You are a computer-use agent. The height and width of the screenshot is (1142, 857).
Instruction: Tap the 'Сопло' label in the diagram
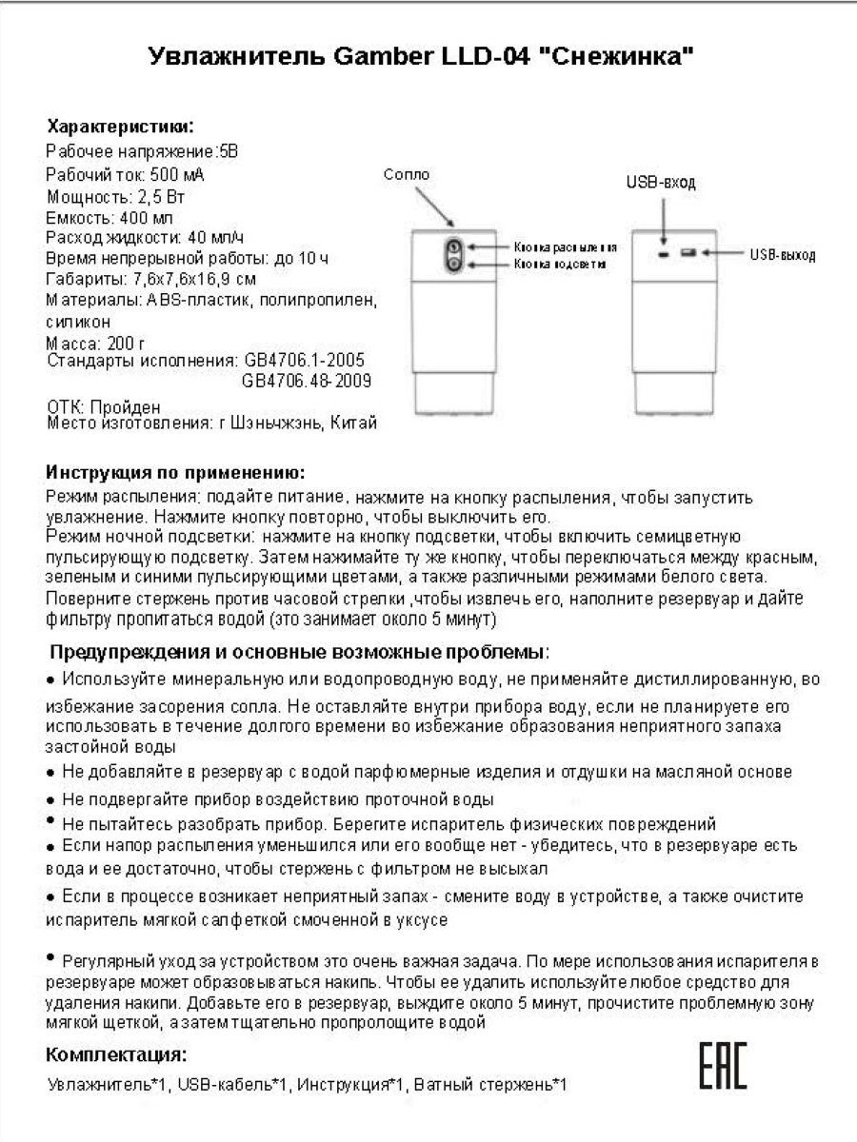coord(407,174)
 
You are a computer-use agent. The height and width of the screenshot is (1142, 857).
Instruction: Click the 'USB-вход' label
coord(660,183)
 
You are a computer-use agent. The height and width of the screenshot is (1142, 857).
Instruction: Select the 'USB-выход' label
coord(782,255)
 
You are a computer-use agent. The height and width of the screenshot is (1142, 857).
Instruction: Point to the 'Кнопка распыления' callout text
coord(566,246)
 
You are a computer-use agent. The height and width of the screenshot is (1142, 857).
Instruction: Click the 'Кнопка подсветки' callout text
coord(560,263)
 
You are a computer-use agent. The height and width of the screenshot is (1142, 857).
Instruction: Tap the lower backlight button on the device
coord(453,262)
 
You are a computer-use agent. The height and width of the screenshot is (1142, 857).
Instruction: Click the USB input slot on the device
coord(662,255)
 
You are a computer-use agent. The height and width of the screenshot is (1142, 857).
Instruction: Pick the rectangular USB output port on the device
coord(688,254)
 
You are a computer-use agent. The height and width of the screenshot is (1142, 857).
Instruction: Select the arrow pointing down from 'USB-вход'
coord(661,219)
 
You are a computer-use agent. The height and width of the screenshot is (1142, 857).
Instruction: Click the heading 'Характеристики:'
coord(120,126)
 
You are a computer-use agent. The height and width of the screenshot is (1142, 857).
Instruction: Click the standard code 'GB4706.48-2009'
coord(307,381)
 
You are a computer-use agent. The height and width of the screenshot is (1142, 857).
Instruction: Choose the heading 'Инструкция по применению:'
coord(176,473)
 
